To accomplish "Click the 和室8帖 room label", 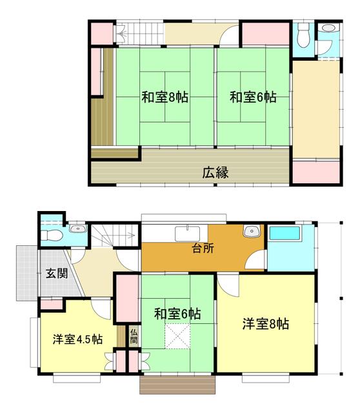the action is coord(165,97).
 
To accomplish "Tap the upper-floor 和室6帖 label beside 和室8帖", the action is coord(253,97).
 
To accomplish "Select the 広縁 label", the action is coord(215,173).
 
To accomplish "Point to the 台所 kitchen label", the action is coord(203,248).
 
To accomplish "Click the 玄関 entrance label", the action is coord(57,274).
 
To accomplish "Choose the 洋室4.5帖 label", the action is coord(77,339).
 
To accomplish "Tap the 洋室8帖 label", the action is coord(265,324).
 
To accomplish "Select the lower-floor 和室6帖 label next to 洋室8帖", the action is coord(177,314).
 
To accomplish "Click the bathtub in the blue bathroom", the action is coord(285,233).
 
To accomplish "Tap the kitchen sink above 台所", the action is coord(187,234).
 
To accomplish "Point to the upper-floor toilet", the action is coord(303,35).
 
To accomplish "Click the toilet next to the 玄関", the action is coord(52,236).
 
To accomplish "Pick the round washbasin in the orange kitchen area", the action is coord(252,231).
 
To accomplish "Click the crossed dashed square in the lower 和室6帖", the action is coord(177,336).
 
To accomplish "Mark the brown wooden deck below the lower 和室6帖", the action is coord(177,385).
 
